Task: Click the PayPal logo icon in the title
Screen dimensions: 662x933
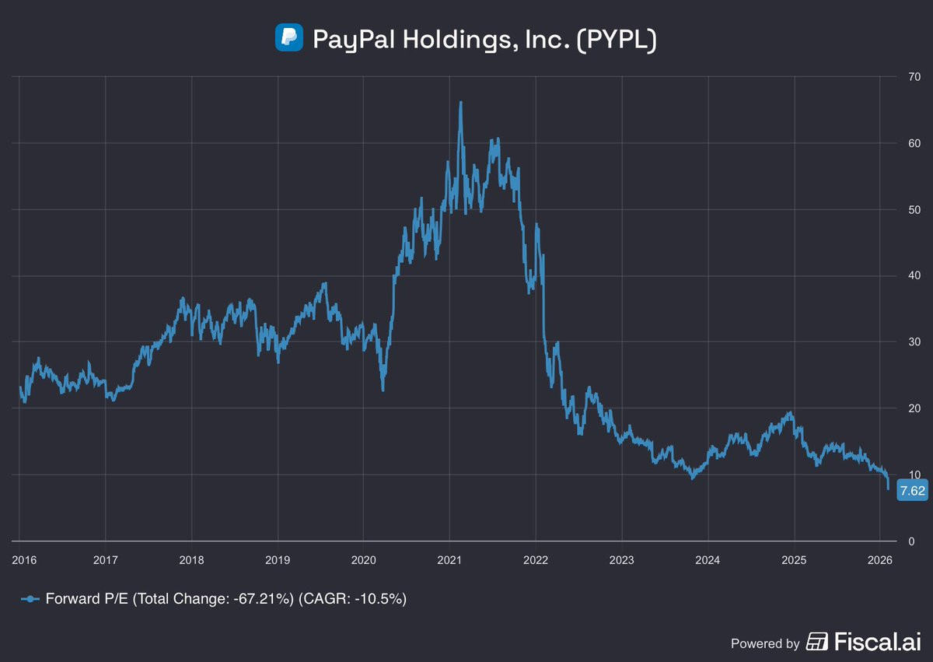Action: [x=288, y=38]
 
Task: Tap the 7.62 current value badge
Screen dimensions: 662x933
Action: [x=911, y=491]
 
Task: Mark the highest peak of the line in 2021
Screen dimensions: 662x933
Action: [x=461, y=102]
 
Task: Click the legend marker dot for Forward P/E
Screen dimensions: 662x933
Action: [x=30, y=599]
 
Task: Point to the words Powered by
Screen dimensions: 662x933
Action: [x=765, y=643]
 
